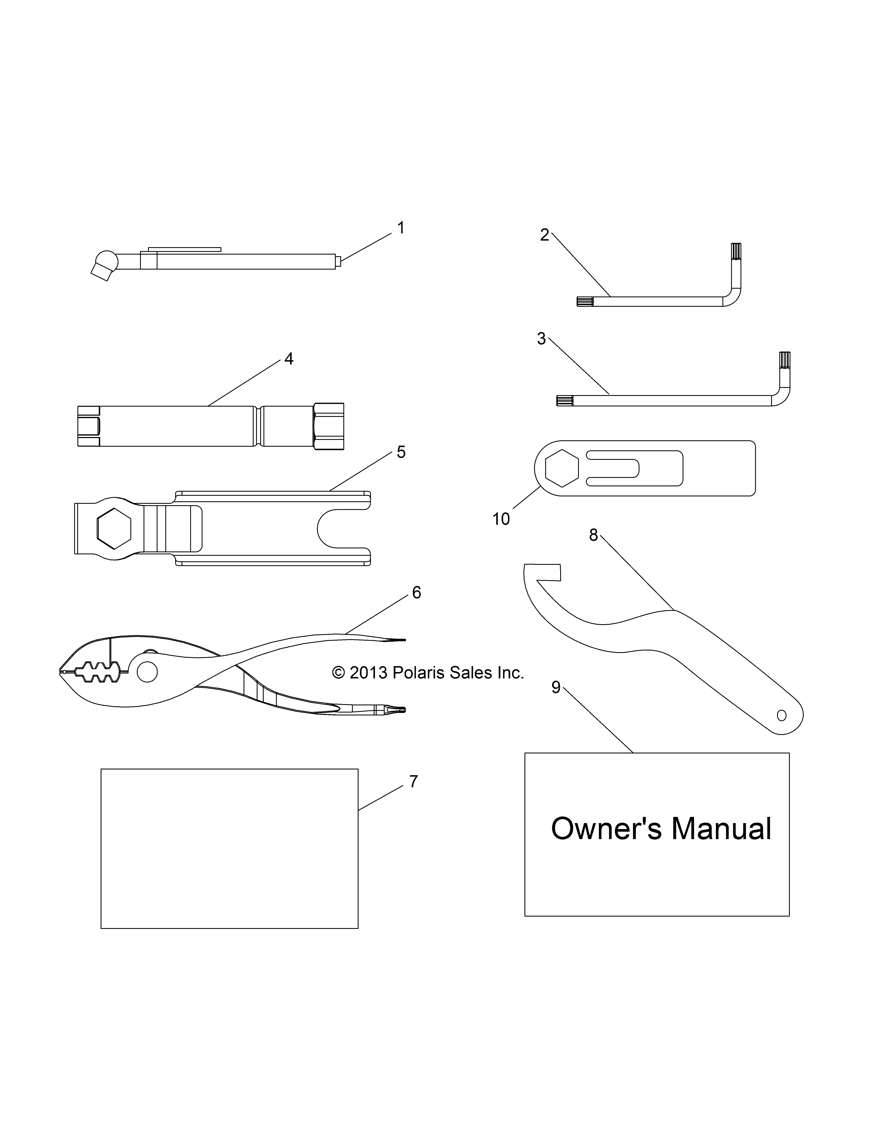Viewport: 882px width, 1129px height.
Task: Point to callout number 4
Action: coord(289,359)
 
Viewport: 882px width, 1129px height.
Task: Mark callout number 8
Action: coord(594,535)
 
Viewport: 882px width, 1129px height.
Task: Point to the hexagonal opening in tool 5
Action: coord(114,528)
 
